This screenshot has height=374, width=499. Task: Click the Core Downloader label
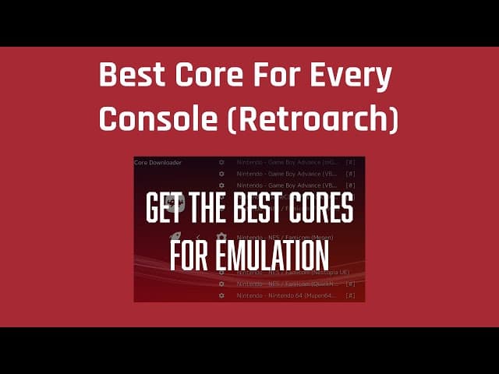tap(158, 163)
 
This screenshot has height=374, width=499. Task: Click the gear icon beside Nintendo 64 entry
tap(221, 295)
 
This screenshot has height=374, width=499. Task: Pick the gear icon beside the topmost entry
tap(221, 163)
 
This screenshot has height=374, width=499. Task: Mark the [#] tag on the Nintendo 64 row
tap(350, 295)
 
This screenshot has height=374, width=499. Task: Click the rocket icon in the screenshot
tap(175, 236)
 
